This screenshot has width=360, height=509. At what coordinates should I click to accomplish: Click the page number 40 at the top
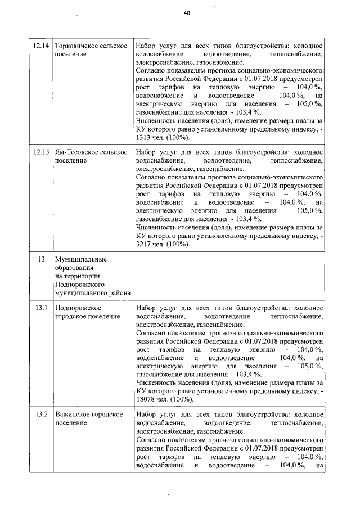187,14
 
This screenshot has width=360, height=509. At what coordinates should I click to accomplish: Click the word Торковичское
78,45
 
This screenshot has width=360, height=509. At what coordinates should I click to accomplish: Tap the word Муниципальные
80,259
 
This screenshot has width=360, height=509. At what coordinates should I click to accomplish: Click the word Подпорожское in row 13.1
78,308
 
